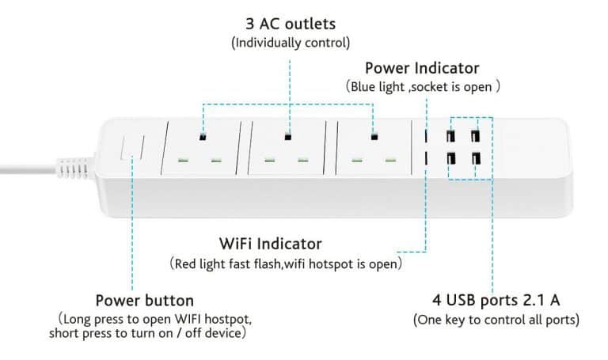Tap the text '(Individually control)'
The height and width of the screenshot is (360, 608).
click(290, 43)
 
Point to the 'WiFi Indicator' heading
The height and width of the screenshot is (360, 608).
click(270, 243)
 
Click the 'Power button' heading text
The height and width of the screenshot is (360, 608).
click(144, 301)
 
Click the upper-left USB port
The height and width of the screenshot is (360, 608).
click(450, 135)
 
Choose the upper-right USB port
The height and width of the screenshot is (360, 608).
click(477, 135)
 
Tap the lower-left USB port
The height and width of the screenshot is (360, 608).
click(450, 159)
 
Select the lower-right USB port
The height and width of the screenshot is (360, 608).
click(477, 159)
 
